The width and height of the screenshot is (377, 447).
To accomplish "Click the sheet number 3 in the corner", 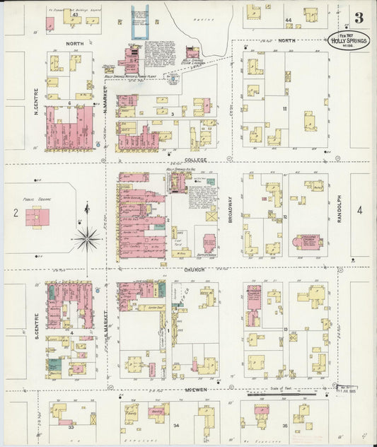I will point(359,17).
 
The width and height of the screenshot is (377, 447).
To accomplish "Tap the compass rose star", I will point(87,238).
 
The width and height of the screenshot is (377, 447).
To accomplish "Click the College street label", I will point(196,161).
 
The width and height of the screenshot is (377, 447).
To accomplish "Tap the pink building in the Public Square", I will point(37,217).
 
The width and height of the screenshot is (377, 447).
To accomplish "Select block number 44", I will point(288,20).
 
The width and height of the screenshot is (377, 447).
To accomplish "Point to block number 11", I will point(284,108).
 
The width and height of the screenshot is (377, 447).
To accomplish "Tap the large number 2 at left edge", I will point(15,211).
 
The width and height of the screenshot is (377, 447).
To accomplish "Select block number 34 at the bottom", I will point(177,426).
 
